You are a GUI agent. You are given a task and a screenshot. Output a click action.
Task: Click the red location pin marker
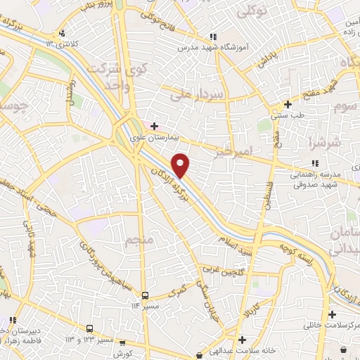click(181, 165)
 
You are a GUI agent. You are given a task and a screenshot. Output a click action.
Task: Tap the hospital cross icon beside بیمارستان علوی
click(155, 126)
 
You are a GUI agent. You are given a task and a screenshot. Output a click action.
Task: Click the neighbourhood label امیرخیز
click(233, 150)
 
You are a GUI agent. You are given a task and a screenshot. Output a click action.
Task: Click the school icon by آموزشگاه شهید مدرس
click(212, 38)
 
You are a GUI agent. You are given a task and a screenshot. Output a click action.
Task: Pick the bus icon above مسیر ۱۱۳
click(145, 295)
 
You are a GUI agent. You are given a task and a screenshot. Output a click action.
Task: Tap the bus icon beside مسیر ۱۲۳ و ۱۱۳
click(90, 328)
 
